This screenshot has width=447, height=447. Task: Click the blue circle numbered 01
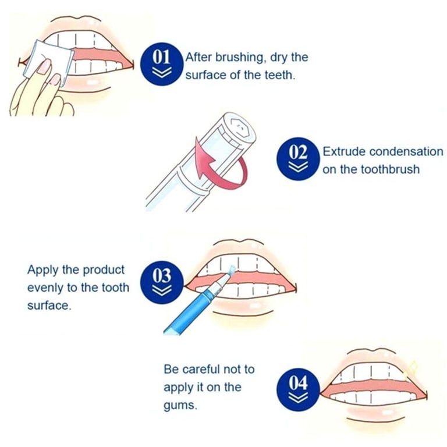click(x=162, y=63)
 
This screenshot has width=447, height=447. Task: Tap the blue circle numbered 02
click(x=298, y=159)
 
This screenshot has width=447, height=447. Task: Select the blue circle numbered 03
click(x=162, y=282)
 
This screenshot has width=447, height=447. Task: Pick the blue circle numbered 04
click(x=298, y=390)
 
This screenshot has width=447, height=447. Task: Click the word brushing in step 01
click(x=239, y=58)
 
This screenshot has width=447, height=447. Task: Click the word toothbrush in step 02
click(x=390, y=169)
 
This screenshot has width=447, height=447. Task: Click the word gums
click(x=180, y=406)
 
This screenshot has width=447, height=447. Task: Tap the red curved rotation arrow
click(x=219, y=164)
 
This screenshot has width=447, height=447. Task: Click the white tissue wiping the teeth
click(x=48, y=63)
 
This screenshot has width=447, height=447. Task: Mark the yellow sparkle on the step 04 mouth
click(x=410, y=369)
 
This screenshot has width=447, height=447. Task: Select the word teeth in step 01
click(x=280, y=75)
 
